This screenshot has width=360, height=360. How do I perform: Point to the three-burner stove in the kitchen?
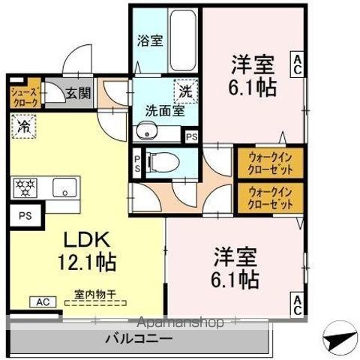point(25,187)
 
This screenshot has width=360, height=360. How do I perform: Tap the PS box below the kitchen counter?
point(21,216)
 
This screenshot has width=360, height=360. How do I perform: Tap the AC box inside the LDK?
point(40,302)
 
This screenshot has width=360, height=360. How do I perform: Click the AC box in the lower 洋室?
point(298,304)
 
